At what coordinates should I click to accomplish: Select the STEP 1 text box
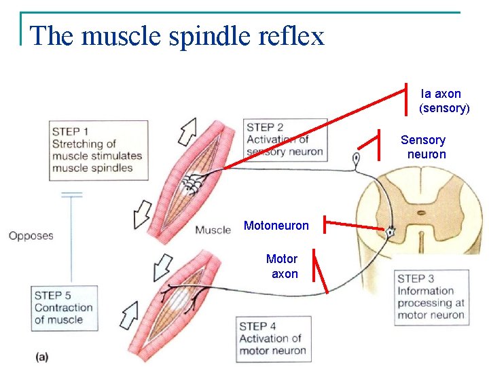[x=98, y=150]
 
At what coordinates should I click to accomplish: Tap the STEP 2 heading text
[x=265, y=127]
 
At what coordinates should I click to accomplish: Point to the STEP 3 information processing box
[x=431, y=297]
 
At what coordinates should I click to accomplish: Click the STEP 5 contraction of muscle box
[x=64, y=307]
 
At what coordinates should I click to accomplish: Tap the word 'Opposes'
[x=31, y=236]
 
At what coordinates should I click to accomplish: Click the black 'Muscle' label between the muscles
[x=213, y=230]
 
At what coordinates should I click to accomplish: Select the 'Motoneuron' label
[x=276, y=225]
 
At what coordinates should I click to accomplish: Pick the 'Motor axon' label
[x=283, y=266]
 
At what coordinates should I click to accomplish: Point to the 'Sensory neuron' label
[x=424, y=147]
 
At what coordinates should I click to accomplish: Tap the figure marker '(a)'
[x=42, y=355]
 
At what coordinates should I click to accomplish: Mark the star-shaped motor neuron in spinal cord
[x=390, y=232]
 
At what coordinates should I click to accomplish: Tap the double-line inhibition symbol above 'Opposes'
[x=71, y=195]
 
